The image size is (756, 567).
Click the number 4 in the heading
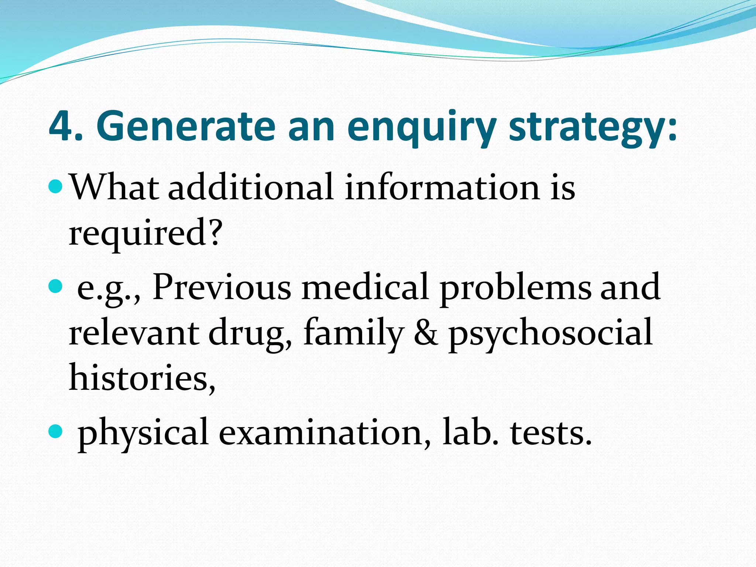click(x=61, y=126)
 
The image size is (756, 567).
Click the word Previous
click(x=222, y=287)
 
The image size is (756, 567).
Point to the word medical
click(x=365, y=287)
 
